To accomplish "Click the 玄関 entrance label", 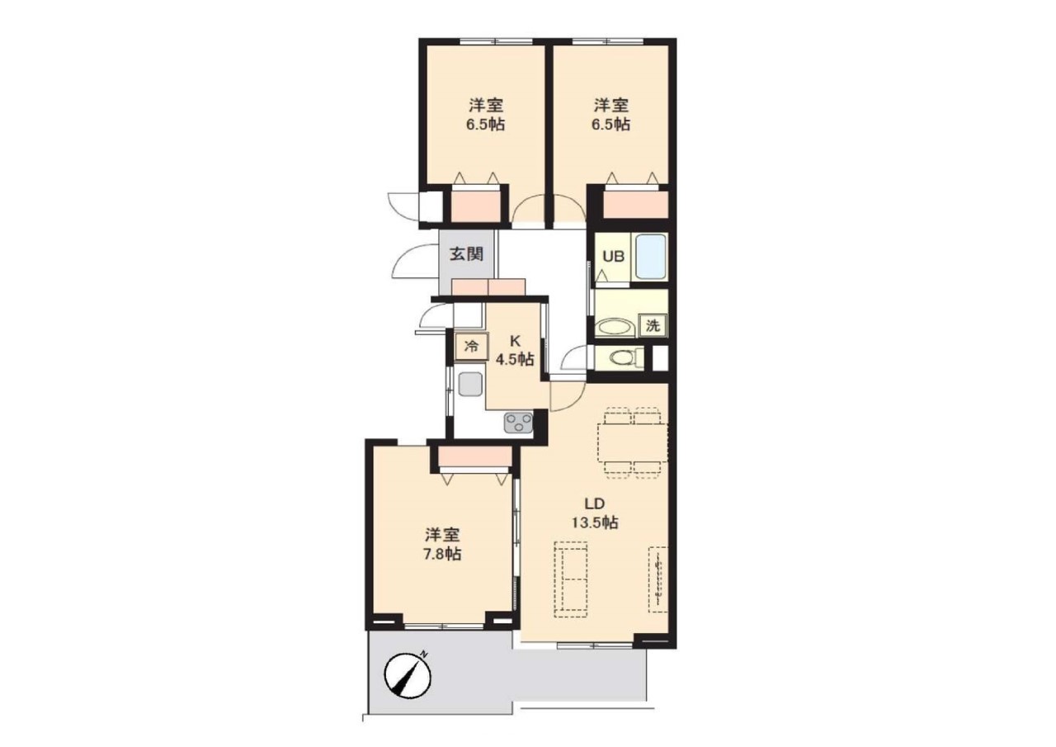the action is pos(466,254).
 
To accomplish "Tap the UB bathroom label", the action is pos(614,257).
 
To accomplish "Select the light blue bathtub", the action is pos(650,257).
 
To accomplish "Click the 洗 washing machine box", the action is pos(653,325).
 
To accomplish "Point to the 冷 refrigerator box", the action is pos(471,347).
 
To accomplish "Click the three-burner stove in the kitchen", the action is pos(519,422).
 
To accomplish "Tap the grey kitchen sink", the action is pos(469,385).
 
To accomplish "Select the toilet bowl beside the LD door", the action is pos(625,357).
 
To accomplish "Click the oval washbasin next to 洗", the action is pos(615,327).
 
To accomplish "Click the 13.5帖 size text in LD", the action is pos(595,523).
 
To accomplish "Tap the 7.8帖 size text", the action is pos(442,554).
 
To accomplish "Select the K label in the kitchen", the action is pos(516,341).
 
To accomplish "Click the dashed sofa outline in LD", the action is pos(571,579).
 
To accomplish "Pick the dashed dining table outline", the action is pos(633,442).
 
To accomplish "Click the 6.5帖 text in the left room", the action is pos(486,125).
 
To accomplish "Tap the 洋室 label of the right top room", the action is pos(611,104).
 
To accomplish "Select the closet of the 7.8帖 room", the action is pos(474,456).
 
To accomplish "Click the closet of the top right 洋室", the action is pos(636,204).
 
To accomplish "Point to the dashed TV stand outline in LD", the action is pos(658,579).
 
